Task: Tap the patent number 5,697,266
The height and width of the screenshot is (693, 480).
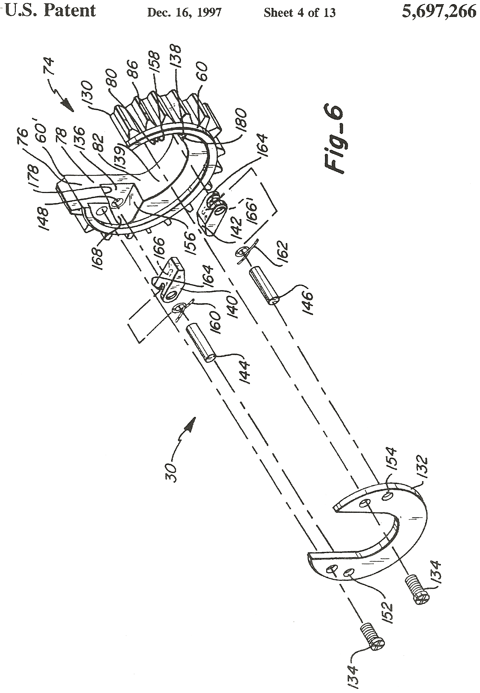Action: (439, 12)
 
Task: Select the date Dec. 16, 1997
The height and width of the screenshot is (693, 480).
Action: (184, 13)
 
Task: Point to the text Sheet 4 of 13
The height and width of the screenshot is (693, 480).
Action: (299, 13)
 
